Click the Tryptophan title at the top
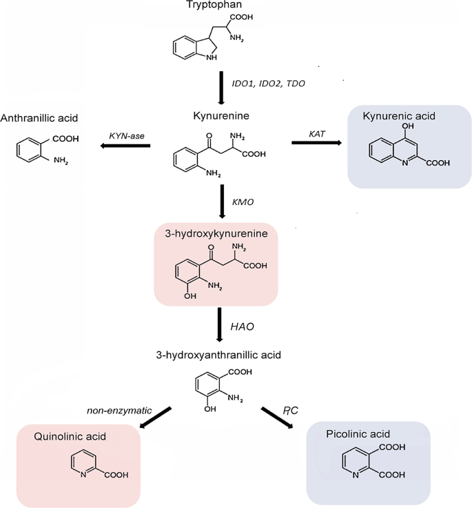(x=214, y=6)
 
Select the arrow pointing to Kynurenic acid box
(x=318, y=143)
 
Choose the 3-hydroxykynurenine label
(x=216, y=234)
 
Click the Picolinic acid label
(x=358, y=434)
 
